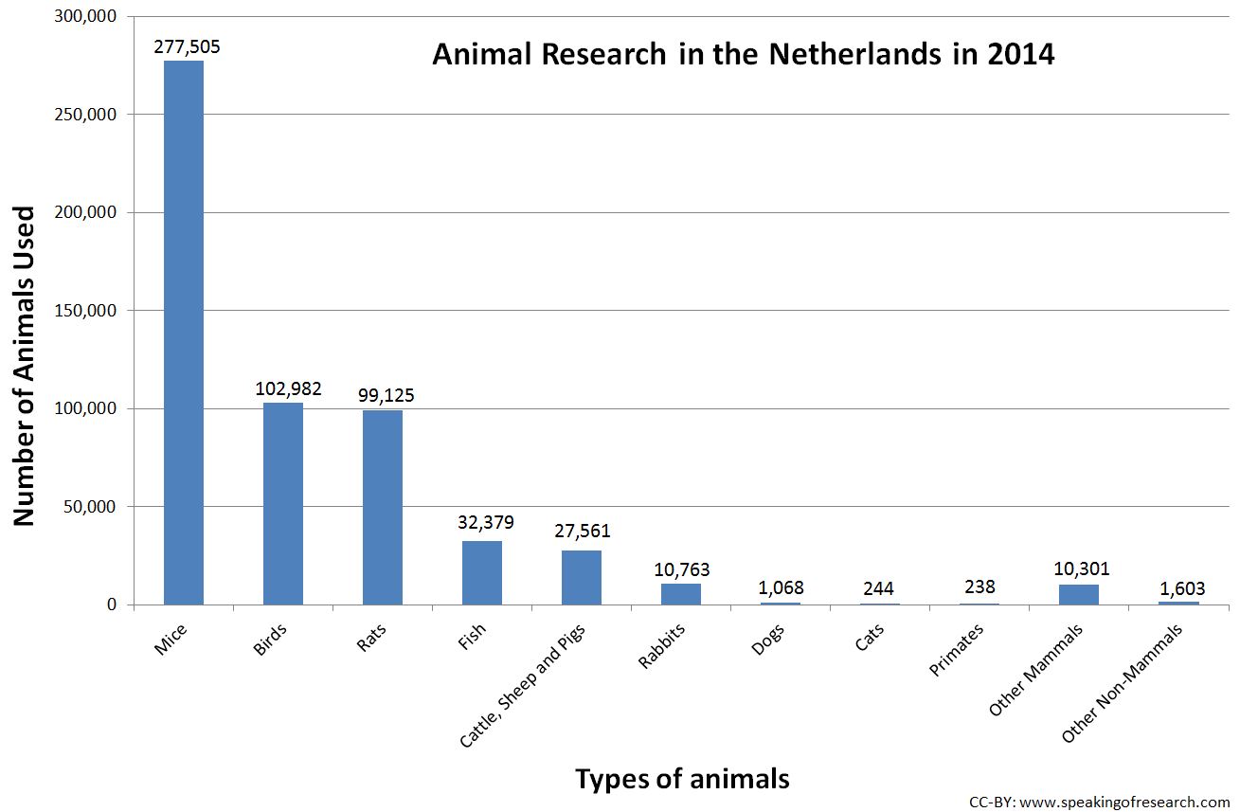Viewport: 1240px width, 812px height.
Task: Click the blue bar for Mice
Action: [184, 332]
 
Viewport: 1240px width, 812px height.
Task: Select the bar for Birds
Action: [283, 503]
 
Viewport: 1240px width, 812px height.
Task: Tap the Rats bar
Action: [383, 507]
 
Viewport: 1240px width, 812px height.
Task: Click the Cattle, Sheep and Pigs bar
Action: [582, 577]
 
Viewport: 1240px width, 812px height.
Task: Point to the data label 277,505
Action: [184, 45]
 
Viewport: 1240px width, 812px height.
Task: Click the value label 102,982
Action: [288, 388]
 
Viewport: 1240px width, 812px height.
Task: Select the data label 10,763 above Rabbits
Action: [681, 569]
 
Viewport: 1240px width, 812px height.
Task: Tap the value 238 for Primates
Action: [979, 587]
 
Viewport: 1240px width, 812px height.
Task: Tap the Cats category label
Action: [868, 640]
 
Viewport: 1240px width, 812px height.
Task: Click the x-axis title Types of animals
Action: [682, 778]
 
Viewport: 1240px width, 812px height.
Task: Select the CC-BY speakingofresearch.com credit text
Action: [1098, 801]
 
